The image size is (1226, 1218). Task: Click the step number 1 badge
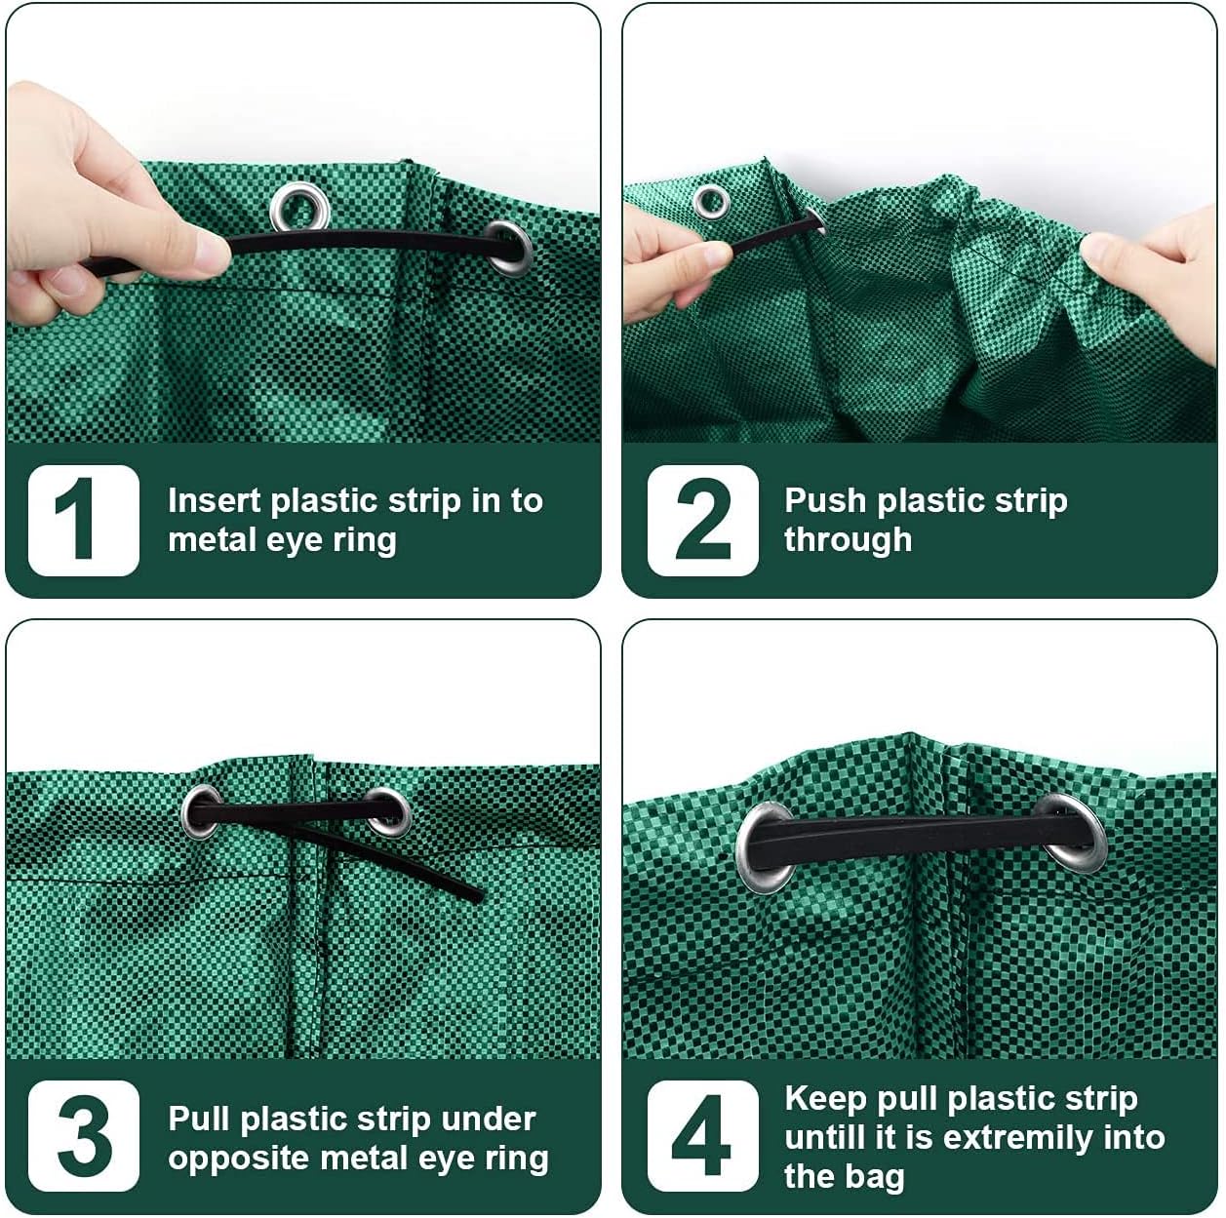point(83,521)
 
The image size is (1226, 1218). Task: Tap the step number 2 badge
point(702,521)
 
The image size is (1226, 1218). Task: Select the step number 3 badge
point(83,1136)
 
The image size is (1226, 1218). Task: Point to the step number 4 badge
point(702,1136)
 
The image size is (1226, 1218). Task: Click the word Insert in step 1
point(215,501)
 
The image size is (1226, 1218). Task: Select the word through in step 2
point(849,540)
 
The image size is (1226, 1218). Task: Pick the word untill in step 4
point(826,1137)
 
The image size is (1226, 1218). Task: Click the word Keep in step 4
point(825,1099)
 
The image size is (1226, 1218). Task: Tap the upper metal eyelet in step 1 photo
point(300,207)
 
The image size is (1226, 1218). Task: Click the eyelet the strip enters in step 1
point(508,248)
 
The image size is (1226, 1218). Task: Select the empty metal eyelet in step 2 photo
point(711,201)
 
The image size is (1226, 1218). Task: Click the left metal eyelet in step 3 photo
point(202,811)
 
